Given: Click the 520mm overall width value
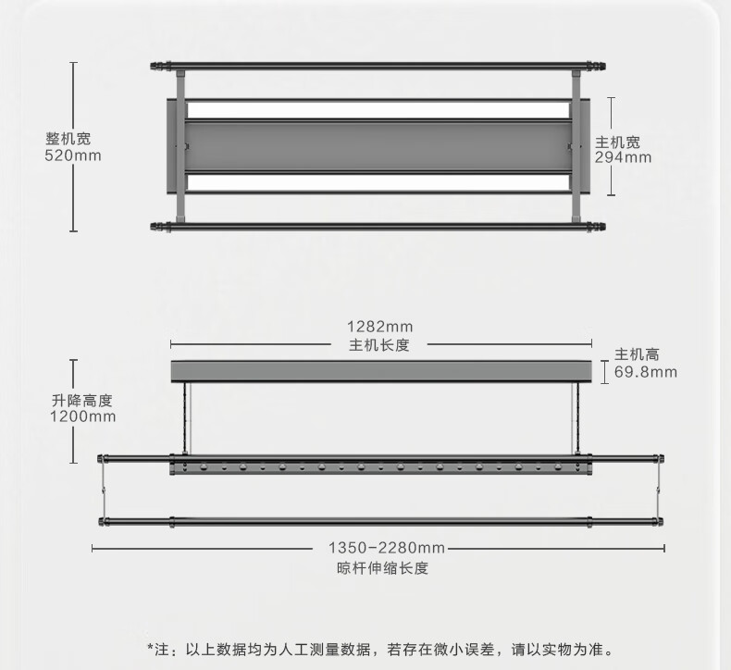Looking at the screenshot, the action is [73, 155].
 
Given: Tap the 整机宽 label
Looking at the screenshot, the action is [68, 139].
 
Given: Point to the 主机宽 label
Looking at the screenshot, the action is [617, 142].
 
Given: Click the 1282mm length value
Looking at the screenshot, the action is [379, 327].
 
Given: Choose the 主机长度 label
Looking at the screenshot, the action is [379, 345].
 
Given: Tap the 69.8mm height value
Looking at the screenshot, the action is [646, 372].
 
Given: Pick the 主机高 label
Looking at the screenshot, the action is [638, 355].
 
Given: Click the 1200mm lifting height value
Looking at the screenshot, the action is [82, 416].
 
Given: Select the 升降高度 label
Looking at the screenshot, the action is [82, 400].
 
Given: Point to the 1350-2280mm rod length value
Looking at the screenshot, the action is [379, 547].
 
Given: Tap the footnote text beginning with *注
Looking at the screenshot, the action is [379, 650].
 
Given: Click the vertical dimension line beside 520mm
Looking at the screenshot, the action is [74, 148].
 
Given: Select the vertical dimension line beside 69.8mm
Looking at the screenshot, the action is [604, 372].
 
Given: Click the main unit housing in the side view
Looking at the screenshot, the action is [381, 371].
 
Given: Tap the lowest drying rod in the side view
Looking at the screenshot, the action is [379, 522].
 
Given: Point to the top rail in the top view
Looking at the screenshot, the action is [379, 67].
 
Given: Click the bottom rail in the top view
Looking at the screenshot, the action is [379, 225].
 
